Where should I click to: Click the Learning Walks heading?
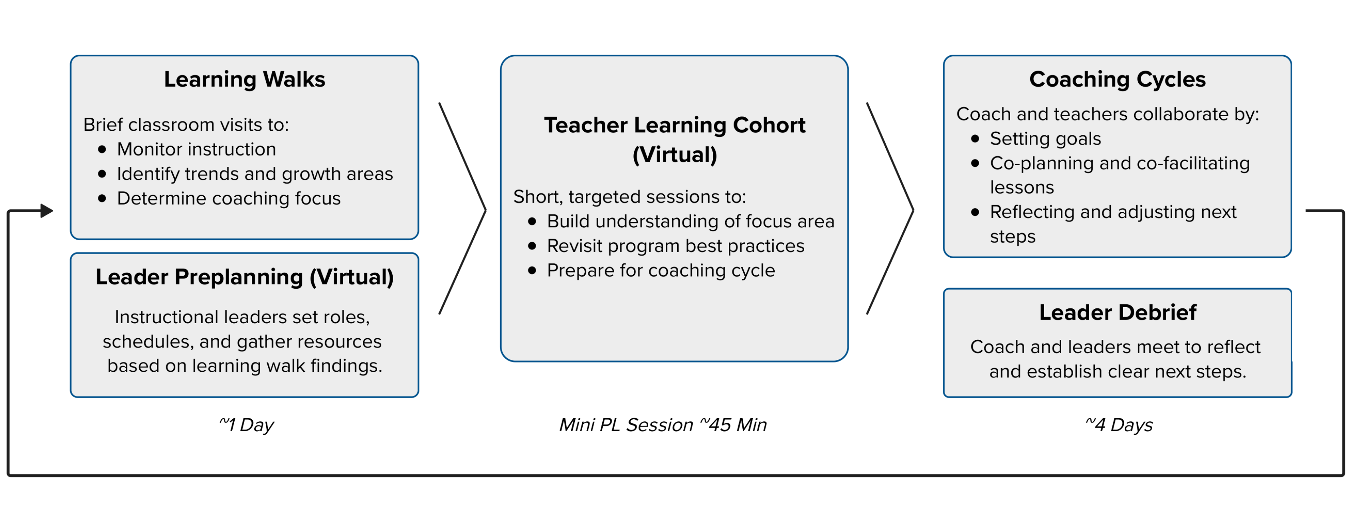[x=245, y=79]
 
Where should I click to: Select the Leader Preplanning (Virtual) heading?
[x=245, y=277]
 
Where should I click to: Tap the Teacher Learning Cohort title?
[x=675, y=140]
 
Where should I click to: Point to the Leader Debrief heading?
[x=1118, y=312]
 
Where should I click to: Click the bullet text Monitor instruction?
[x=196, y=149]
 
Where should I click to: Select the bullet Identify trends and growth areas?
[x=255, y=174]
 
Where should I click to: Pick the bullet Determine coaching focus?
[x=229, y=199]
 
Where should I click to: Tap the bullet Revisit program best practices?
[x=675, y=246]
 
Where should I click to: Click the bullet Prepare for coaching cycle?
[x=661, y=271]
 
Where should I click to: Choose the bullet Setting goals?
[x=1045, y=139]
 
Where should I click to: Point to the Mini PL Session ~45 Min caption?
[x=663, y=425]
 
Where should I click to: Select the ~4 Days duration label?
[x=1119, y=425]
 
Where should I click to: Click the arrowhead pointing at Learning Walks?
[x=47, y=211]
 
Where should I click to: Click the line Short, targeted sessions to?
[x=630, y=197]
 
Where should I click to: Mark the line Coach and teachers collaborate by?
[x=1108, y=114]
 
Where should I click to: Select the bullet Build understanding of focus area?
[x=690, y=221]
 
